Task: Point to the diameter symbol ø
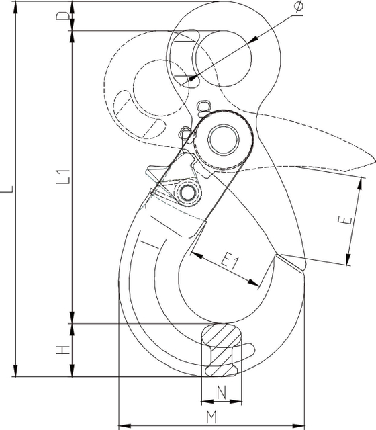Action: point(298,7)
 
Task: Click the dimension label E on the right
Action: point(342,222)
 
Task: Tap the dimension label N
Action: point(221,391)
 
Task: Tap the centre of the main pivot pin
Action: point(222,139)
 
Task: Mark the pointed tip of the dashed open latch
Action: point(371,161)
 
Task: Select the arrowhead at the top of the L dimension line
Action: point(15,3)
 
